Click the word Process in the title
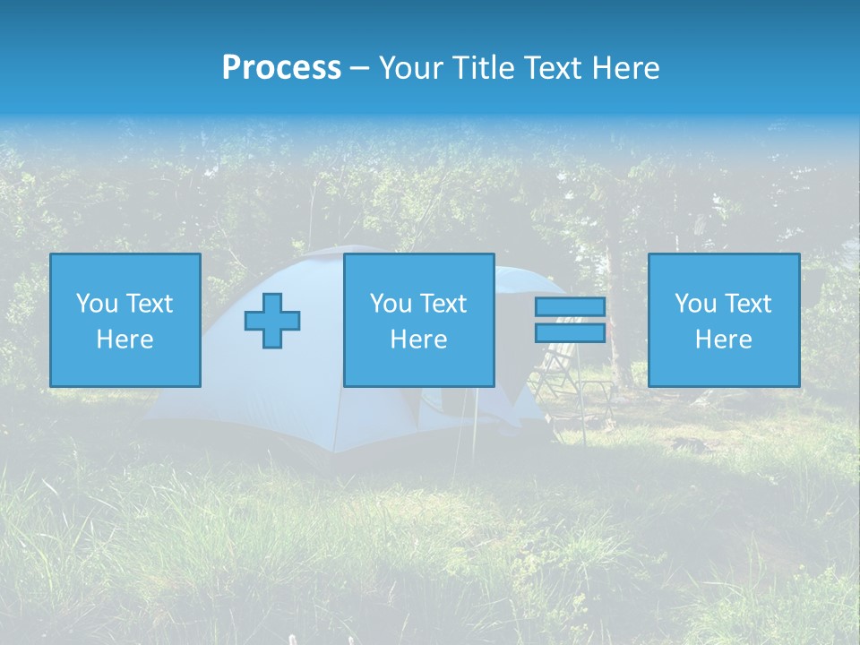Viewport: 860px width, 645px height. coord(281,68)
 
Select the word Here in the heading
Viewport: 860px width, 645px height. coord(625,68)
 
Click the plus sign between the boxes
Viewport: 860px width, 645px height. coord(272,320)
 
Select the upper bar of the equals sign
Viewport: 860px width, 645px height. coord(570,306)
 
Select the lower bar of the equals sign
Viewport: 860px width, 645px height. coord(570,332)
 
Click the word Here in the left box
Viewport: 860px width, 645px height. coord(125,340)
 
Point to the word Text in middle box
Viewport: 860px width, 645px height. coord(443,304)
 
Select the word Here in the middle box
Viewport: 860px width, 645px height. coord(418,340)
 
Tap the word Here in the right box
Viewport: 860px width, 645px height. coord(723,340)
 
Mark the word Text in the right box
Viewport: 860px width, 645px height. coord(747,304)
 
